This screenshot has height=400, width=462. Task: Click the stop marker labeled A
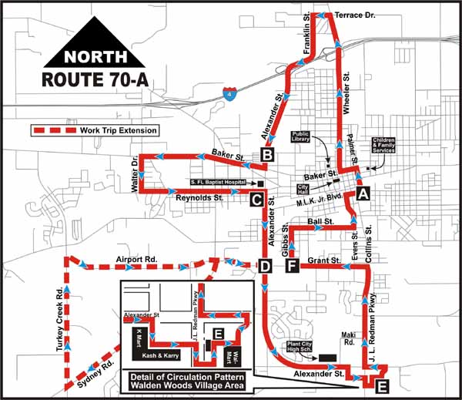click(363, 193)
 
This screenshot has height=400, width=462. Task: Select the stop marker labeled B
click(268, 156)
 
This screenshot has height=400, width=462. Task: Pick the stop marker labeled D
click(266, 267)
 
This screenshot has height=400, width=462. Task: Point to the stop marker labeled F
click(291, 267)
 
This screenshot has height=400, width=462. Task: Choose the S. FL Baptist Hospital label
click(219, 183)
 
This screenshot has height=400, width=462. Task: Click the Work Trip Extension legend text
click(119, 130)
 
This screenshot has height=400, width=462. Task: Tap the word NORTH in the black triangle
click(87, 56)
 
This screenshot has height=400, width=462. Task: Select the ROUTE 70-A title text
click(87, 79)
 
